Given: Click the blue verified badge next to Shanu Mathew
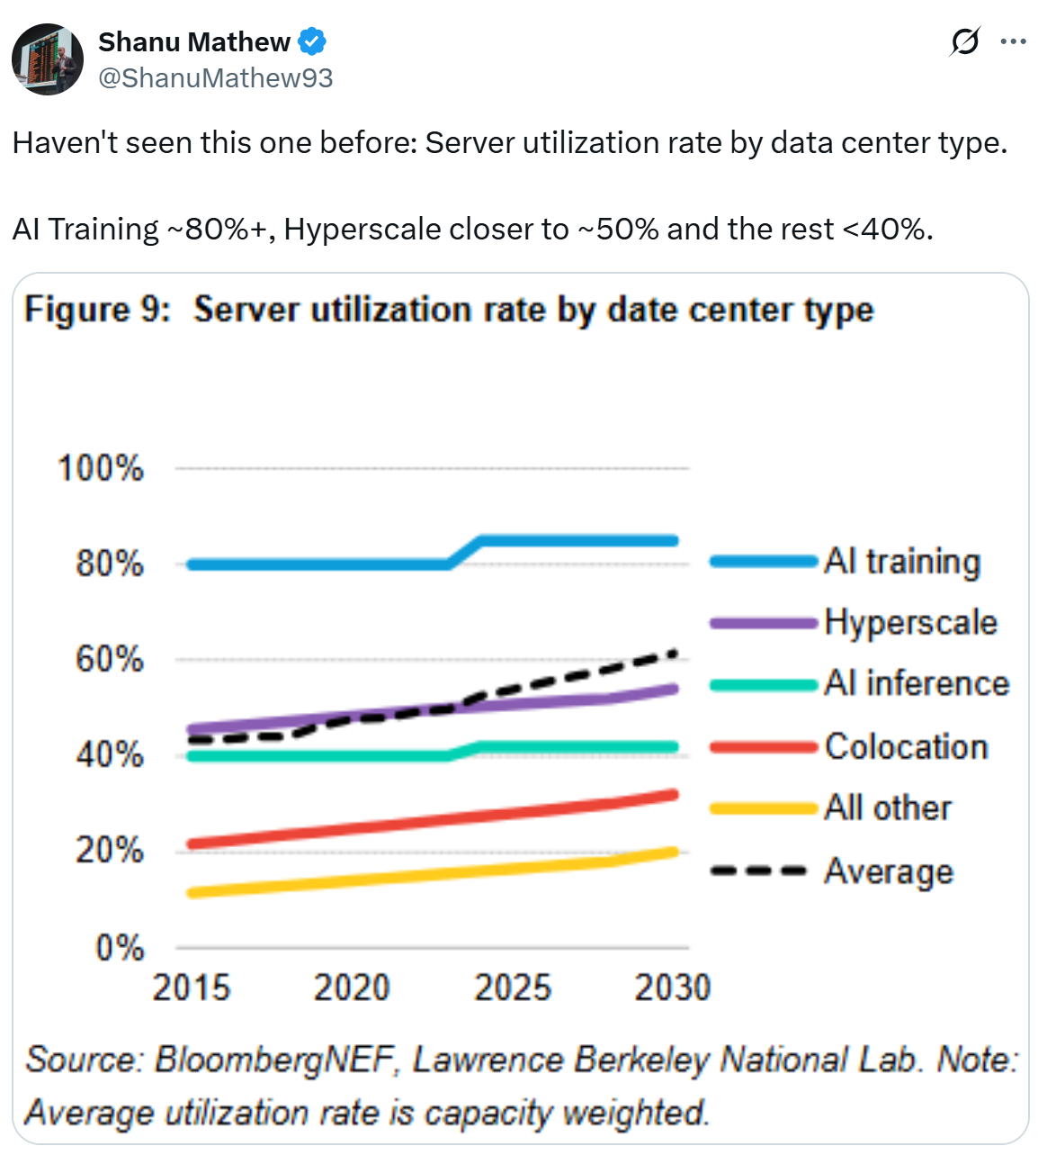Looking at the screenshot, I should [x=312, y=42].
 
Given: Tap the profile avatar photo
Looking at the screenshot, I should [x=48, y=59].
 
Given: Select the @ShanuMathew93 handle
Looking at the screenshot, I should [x=215, y=78].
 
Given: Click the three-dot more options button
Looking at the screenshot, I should [x=1013, y=41].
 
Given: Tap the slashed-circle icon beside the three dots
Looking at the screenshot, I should [x=964, y=41].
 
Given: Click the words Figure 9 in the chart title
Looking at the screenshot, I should [x=97, y=310].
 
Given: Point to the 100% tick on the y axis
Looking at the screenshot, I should [x=101, y=469].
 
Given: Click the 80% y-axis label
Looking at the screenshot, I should [x=109, y=564].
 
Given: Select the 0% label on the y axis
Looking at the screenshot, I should [x=120, y=948].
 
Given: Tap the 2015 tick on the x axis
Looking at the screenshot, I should [x=191, y=988].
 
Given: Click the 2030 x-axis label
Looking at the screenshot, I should [x=672, y=988].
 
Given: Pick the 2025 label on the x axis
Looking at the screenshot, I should [x=512, y=988].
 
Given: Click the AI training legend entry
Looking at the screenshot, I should [x=901, y=561].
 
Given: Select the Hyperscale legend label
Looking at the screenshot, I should [x=910, y=623].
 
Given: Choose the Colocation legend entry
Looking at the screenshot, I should [x=906, y=747].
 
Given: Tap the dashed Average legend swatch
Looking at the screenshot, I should [x=759, y=871].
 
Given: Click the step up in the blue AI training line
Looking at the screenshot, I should [x=465, y=552].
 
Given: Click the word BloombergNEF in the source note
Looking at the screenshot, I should [x=275, y=1060].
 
